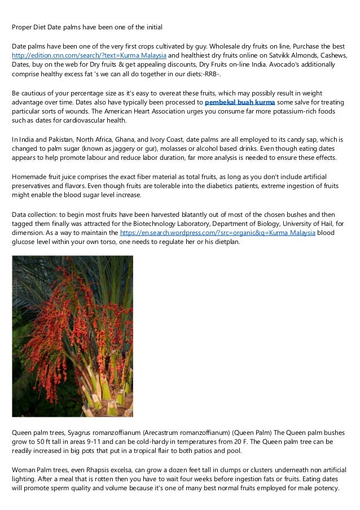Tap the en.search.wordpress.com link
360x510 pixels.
[x=238, y=233]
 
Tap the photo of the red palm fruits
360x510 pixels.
[x=72, y=336]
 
